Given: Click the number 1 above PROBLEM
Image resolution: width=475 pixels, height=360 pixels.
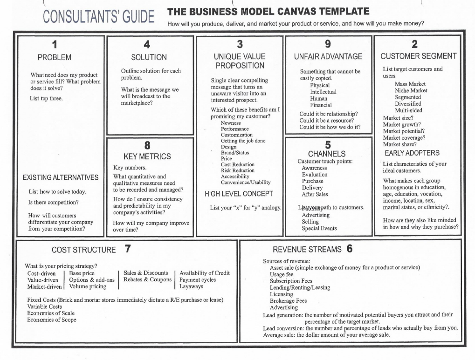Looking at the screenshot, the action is click(x=55, y=45).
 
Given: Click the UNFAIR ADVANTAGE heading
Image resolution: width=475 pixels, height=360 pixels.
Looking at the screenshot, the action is click(x=328, y=56).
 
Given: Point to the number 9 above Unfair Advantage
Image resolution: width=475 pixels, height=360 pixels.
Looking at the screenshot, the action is click(x=328, y=44).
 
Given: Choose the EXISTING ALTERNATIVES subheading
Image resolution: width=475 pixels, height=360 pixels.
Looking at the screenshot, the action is click(x=61, y=177).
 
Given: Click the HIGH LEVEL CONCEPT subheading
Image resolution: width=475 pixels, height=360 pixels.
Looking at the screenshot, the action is click(x=239, y=194).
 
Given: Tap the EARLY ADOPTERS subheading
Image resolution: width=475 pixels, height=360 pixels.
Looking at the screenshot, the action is click(x=412, y=153).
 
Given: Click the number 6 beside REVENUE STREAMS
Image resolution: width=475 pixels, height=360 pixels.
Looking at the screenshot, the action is click(x=349, y=249).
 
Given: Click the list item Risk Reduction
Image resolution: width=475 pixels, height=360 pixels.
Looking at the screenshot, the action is click(x=238, y=170).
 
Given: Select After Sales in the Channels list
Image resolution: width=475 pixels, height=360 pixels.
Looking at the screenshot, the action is click(x=315, y=194).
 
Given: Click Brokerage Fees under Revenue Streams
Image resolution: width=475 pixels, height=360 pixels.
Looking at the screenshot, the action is click(x=288, y=301).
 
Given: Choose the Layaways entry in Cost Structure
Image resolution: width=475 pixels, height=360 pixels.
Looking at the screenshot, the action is click(x=191, y=286).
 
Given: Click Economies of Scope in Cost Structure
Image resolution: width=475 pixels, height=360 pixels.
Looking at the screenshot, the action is click(x=52, y=320).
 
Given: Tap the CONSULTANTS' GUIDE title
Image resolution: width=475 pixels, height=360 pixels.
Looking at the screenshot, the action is click(x=99, y=17).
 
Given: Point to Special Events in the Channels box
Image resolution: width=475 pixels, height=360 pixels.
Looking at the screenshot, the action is click(x=319, y=228).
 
